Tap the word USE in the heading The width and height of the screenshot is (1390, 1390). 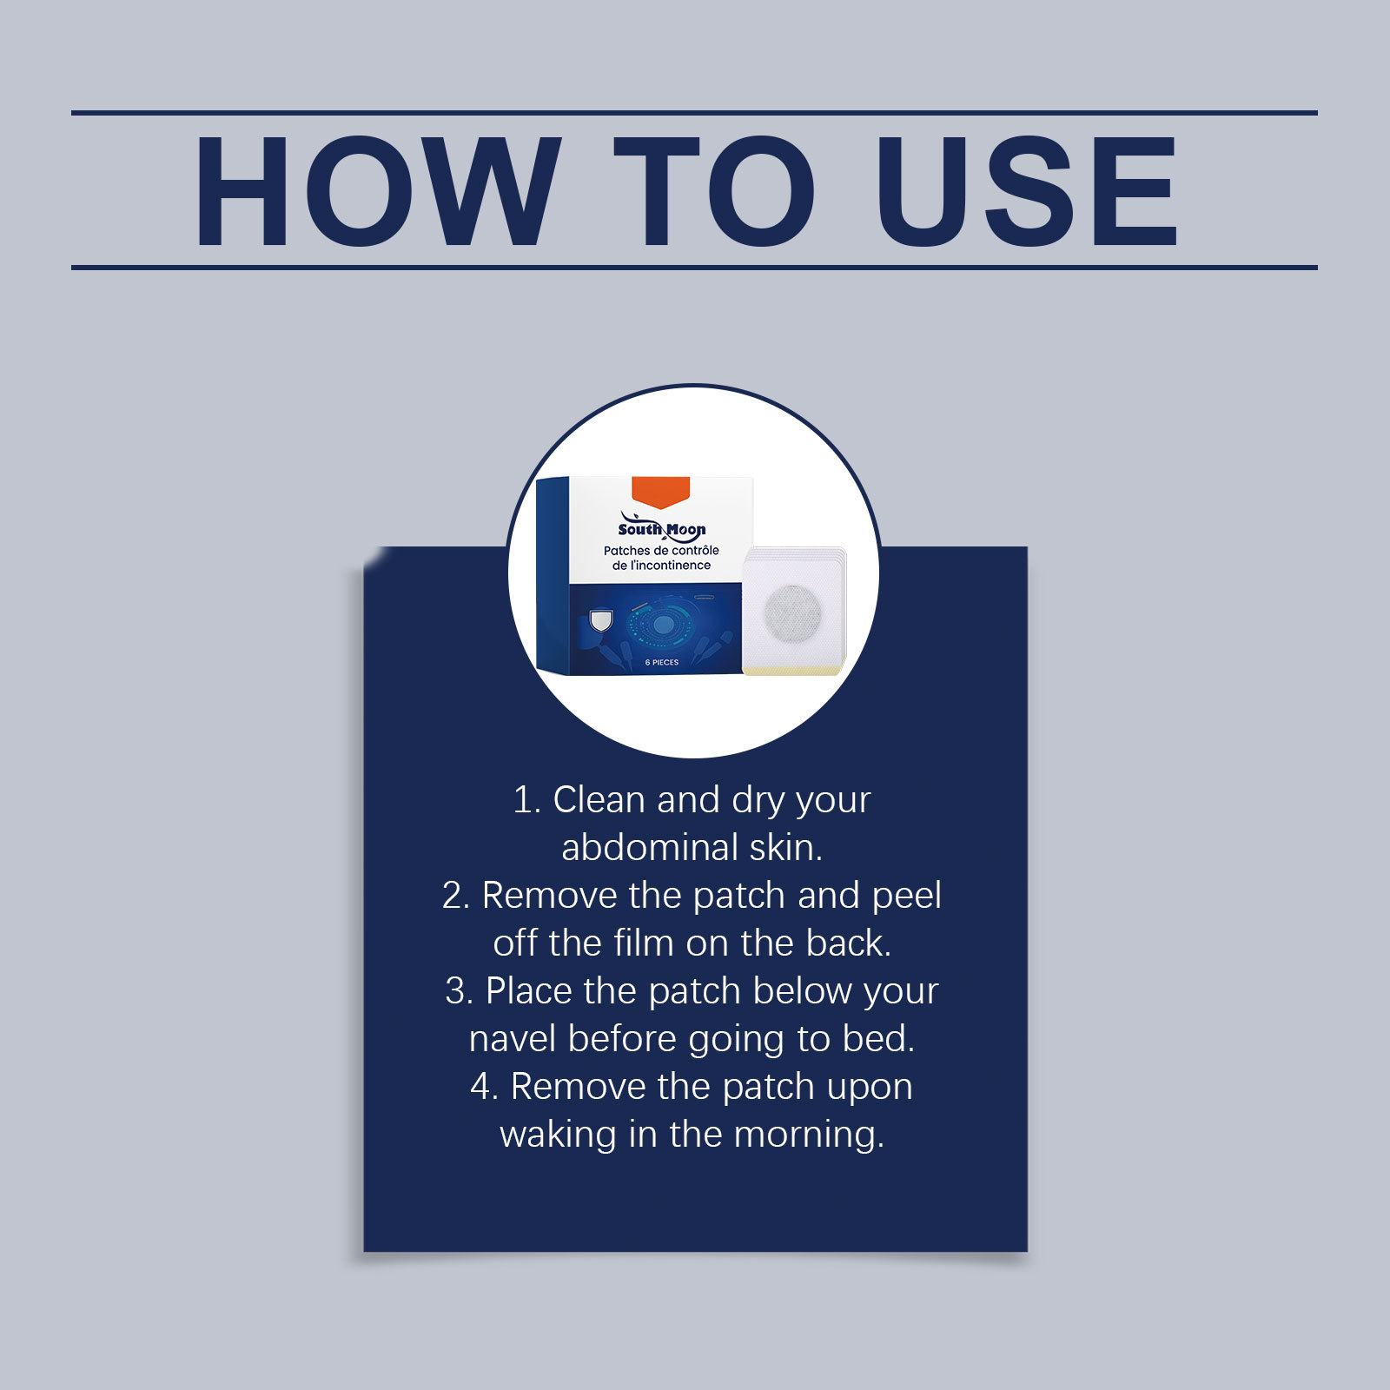[x=1027, y=191]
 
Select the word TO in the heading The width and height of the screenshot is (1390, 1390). [x=715, y=191]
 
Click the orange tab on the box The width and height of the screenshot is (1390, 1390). [x=660, y=491]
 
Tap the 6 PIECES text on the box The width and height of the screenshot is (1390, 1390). [x=662, y=663]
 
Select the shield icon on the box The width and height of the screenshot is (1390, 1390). [x=600, y=620]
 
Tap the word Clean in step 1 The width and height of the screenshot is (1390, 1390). [x=599, y=800]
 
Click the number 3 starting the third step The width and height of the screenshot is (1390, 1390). [x=455, y=991]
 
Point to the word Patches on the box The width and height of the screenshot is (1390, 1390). [x=626, y=551]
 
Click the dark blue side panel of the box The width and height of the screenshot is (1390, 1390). [x=552, y=576]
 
